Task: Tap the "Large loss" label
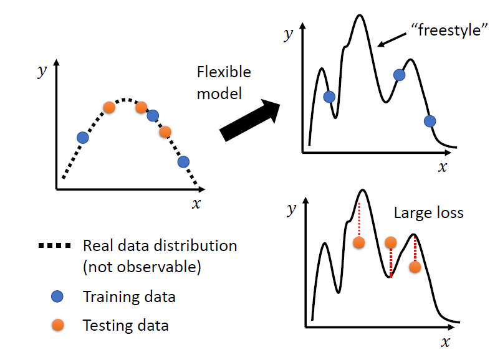pos(428,212)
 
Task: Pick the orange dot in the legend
pos(57,324)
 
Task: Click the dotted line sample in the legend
pos(55,245)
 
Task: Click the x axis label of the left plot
pos(196,204)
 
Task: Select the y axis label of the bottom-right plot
pos(291,209)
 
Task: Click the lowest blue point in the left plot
pos(183,162)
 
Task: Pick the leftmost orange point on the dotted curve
pos(109,107)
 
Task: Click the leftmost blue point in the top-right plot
pos(330,97)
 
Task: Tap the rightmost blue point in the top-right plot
pos(430,121)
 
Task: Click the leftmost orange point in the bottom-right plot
pos(359,242)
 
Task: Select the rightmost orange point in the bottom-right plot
pos(415,267)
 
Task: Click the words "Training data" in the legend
pos(129,297)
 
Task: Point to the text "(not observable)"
pos(141,268)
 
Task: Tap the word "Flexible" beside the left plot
pos(224,72)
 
